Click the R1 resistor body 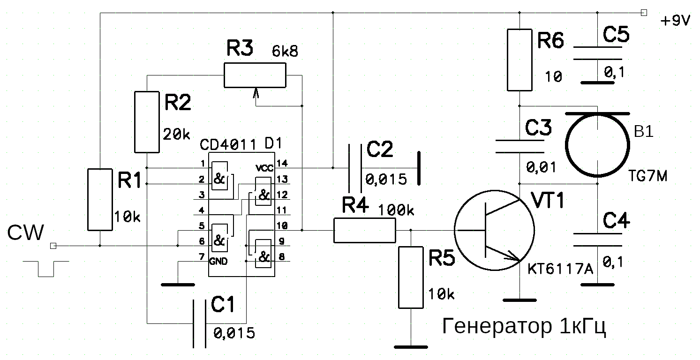[x=100, y=200]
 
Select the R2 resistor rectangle [x=147, y=122]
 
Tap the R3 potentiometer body [x=255, y=75]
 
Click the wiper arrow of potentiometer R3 [x=256, y=93]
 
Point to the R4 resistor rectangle [x=365, y=230]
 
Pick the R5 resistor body [x=411, y=277]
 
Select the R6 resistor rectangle [x=519, y=60]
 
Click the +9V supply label [x=675, y=21]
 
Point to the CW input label [x=26, y=233]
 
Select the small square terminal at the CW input [x=53, y=246]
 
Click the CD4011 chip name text [x=228, y=145]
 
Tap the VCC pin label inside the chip [x=264, y=168]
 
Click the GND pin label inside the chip [x=218, y=261]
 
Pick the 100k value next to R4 [x=396, y=210]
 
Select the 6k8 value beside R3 [x=285, y=51]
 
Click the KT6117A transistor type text [x=560, y=269]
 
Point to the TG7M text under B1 [x=647, y=177]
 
